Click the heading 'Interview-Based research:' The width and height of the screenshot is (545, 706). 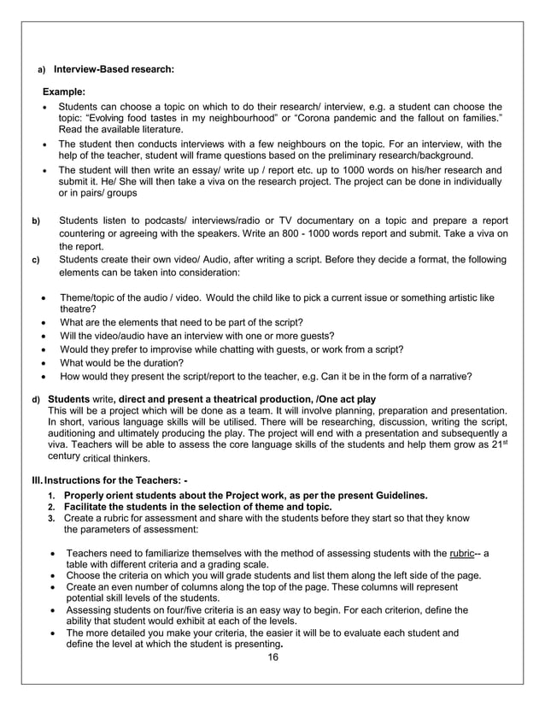pos(114,69)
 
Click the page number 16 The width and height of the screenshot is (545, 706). pos(272,657)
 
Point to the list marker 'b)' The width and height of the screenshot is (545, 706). pos(36,222)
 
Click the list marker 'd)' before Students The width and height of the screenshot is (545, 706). pos(36,399)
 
